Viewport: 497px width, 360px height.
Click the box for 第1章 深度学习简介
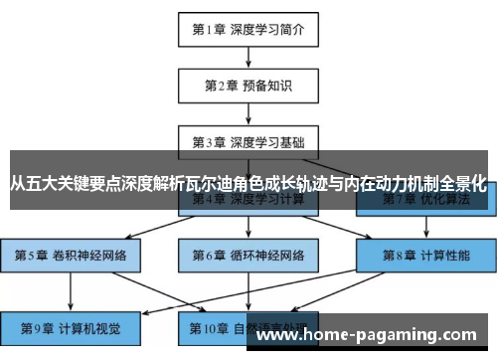tap(248, 29)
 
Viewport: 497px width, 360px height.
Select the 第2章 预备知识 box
tap(248, 85)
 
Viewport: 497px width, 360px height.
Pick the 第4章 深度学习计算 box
tap(248, 198)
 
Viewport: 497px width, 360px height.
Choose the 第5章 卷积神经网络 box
tap(70, 255)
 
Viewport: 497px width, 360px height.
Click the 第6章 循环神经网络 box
tap(248, 255)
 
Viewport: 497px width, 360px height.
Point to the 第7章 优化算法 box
tap(425, 199)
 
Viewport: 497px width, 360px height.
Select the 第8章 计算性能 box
tap(425, 255)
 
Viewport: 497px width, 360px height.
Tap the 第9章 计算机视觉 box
tap(70, 325)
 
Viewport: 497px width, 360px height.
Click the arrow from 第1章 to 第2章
tap(248, 57)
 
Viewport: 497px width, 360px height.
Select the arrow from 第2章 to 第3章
tap(248, 112)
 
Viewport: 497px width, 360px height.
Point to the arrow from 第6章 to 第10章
tap(248, 289)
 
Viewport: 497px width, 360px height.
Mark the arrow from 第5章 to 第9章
tap(70, 289)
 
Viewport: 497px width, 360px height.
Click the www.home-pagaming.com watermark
tap(373, 335)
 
